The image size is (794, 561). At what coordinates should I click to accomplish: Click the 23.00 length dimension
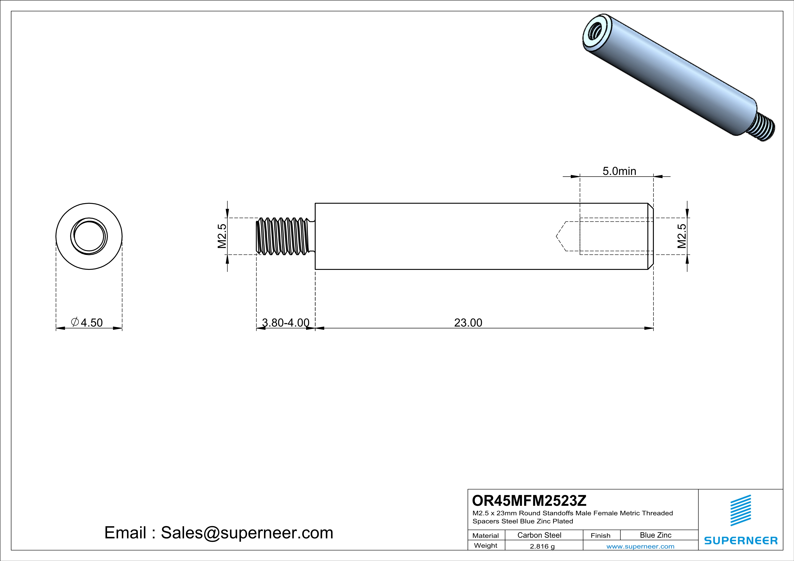(x=468, y=322)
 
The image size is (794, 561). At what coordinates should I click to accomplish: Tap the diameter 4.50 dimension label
(x=87, y=322)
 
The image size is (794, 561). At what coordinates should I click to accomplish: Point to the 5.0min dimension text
(x=619, y=171)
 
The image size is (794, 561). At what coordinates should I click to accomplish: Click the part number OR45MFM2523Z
(x=529, y=501)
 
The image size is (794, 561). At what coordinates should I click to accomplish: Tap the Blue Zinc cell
(x=655, y=535)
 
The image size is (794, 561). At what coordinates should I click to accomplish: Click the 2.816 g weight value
(x=542, y=546)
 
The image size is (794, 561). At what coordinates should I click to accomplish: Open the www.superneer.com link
(x=640, y=546)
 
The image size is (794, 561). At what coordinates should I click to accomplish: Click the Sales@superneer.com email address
(x=247, y=533)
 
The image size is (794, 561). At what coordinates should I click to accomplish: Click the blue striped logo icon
(x=740, y=510)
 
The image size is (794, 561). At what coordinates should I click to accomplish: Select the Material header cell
(x=486, y=535)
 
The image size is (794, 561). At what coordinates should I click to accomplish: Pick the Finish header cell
(x=600, y=535)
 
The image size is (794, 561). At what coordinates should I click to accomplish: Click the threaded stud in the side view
(x=283, y=236)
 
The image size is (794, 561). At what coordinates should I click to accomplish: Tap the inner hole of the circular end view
(x=89, y=236)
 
